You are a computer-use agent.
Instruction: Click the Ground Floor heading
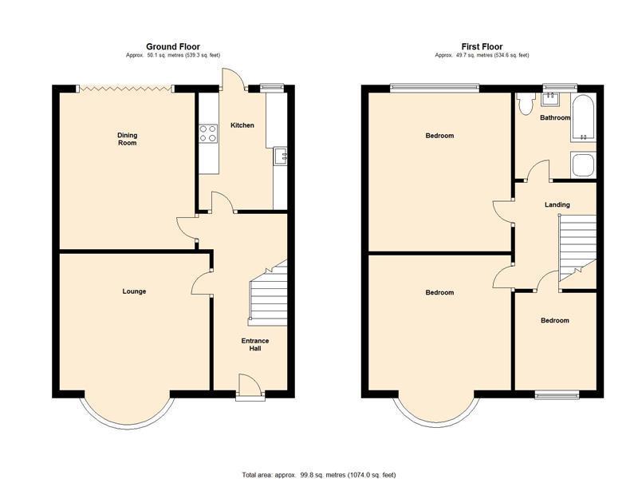point(173,46)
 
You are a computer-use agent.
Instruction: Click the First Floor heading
point(482,46)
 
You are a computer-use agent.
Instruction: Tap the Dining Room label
point(128,139)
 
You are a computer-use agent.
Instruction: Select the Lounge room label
point(134,291)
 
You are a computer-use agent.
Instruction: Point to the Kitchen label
point(242,125)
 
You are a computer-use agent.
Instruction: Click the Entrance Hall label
point(255,345)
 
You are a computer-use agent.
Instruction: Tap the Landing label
point(557,204)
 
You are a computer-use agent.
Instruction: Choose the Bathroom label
point(555,117)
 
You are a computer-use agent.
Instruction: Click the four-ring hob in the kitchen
point(208,133)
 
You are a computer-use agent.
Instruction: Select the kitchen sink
point(281,155)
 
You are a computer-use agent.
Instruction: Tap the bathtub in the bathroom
point(583,118)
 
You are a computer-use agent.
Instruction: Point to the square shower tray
point(583,165)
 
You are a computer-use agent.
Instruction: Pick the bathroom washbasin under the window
point(550,99)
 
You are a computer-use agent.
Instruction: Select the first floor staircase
point(577,247)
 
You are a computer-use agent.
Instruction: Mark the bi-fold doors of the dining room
point(125,88)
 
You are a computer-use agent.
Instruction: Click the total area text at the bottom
point(318,475)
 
